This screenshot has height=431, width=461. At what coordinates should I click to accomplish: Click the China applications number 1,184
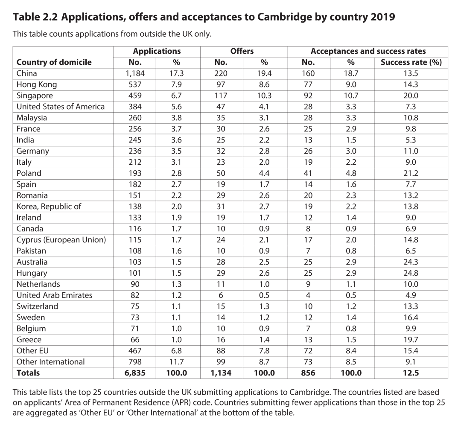pos(135,73)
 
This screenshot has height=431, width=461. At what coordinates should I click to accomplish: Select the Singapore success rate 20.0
pos(411,96)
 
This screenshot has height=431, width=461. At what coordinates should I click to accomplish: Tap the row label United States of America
pos(61,107)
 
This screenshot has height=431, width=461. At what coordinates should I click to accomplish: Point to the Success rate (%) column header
pos(411,62)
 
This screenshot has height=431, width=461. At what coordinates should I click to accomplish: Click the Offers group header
pos(242,51)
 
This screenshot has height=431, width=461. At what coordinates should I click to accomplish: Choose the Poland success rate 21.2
pos(411,173)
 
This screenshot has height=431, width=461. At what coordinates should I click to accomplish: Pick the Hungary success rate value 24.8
pos(411,273)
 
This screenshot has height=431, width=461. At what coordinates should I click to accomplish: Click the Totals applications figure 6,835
pos(135,373)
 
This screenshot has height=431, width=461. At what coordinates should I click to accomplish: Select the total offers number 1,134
pos(221,373)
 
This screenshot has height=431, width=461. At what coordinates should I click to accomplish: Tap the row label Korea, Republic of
pos(49,207)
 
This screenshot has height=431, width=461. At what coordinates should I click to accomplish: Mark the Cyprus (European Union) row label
pos(61,240)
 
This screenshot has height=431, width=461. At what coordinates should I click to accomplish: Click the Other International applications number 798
pos(135,362)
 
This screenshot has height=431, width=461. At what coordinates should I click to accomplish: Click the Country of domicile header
pos(54,62)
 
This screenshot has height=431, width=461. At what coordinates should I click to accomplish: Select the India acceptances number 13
pos(308,140)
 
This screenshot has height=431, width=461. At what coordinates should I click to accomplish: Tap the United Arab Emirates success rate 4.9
pos(411,295)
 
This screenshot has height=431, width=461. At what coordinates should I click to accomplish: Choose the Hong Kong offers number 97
pos(221,84)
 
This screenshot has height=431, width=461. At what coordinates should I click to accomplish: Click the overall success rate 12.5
pos(411,373)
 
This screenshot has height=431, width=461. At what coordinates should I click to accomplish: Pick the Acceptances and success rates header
pos(368,51)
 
